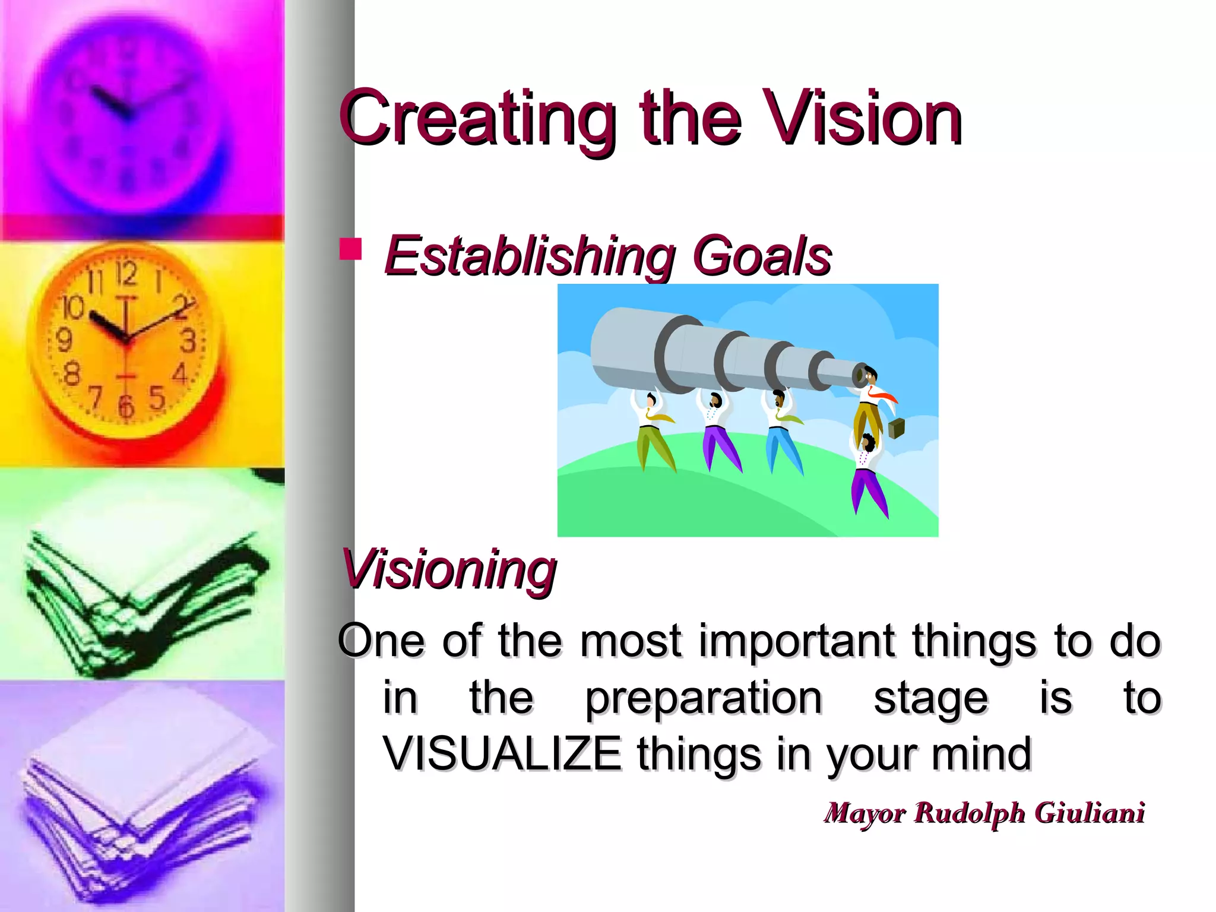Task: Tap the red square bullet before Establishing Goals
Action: pos(350,249)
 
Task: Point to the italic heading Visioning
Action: pos(449,570)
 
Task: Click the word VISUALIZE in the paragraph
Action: pos(502,754)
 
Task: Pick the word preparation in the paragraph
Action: pos(704,698)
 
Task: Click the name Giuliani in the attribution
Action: pos(1090,813)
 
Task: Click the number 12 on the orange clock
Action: pos(126,274)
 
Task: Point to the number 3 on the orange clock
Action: pos(188,341)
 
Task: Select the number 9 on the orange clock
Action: pos(64,340)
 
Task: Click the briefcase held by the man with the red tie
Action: pos(896,427)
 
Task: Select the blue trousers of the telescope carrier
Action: pos(783,448)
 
